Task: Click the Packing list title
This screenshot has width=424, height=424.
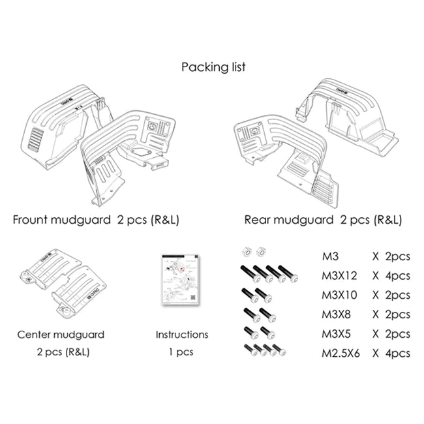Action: coord(213,67)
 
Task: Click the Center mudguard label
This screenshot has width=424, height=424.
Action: coord(61,335)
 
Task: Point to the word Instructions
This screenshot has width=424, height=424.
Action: coord(181,335)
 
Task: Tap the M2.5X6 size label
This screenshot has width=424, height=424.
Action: coord(343,354)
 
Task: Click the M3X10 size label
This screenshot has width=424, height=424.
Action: coord(341,295)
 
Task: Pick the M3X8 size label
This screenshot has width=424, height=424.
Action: coord(338,314)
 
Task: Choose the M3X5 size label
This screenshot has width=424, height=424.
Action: coord(338,334)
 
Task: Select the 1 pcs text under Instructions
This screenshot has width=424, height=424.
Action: coord(181,352)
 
